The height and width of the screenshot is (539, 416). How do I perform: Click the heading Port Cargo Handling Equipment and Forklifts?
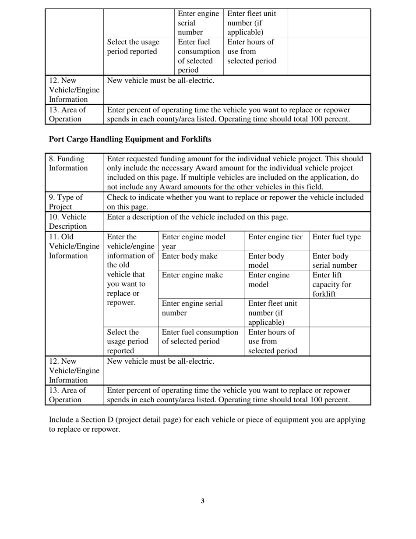130,139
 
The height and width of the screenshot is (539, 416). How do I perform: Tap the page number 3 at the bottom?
203,501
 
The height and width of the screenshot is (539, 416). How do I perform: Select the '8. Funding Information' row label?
68,163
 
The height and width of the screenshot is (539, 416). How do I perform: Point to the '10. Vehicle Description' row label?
68,221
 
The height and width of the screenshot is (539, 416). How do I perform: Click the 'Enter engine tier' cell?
275,237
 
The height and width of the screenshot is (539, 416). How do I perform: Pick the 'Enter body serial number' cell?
335,261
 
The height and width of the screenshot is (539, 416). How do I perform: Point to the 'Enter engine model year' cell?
194,241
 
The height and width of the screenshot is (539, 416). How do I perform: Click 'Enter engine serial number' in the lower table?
192,308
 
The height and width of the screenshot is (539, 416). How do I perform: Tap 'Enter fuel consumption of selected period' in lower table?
200,337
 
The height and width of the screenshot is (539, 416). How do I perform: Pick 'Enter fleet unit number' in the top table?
251,23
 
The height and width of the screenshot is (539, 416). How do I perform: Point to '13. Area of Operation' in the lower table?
67,395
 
